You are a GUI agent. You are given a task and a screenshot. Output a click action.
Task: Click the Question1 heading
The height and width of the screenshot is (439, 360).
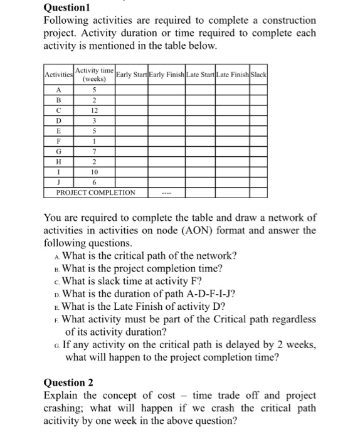click(x=66, y=9)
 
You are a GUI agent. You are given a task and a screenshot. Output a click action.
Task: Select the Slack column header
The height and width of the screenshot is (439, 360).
click(x=259, y=75)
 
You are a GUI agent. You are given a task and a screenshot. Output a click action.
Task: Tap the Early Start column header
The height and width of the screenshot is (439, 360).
click(x=130, y=75)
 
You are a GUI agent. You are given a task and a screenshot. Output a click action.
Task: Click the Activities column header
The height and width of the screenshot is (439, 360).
click(x=58, y=75)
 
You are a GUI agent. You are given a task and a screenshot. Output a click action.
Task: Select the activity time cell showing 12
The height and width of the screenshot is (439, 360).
click(x=93, y=110)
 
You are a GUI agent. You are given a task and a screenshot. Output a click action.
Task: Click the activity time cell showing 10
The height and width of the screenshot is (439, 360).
click(x=93, y=171)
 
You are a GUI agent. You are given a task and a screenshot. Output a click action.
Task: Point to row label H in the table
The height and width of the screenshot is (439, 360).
click(x=58, y=161)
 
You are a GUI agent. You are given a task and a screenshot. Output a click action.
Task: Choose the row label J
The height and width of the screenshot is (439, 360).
click(x=58, y=182)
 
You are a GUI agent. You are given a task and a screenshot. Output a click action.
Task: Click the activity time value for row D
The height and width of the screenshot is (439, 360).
click(x=93, y=120)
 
